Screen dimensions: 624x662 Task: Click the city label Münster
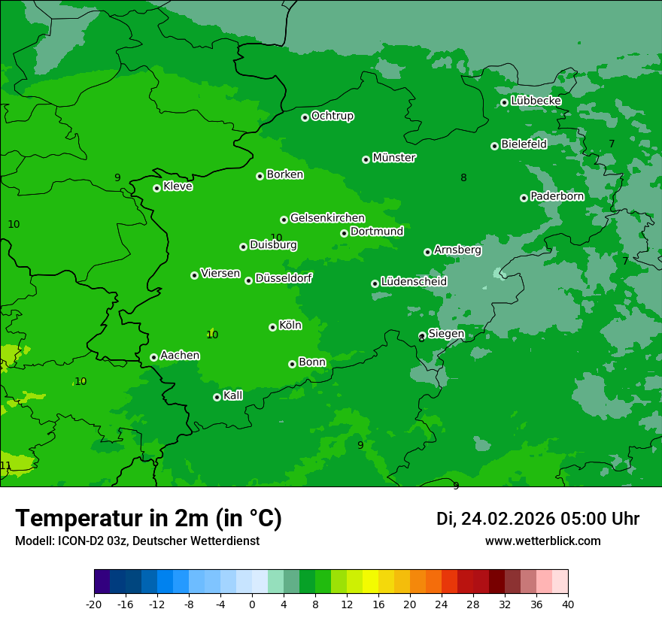(x=393, y=158)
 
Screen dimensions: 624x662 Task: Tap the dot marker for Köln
(x=272, y=327)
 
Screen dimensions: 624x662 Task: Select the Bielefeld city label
(x=524, y=144)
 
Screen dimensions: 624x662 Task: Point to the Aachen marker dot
(x=153, y=357)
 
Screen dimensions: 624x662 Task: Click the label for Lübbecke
(x=536, y=101)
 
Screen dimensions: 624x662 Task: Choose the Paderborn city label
(x=557, y=196)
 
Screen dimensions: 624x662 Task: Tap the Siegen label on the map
(x=446, y=334)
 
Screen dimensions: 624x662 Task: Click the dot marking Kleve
(x=156, y=188)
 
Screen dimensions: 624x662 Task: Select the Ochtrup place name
(x=332, y=116)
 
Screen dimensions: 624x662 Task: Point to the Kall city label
(x=232, y=395)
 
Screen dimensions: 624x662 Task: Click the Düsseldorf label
(x=284, y=278)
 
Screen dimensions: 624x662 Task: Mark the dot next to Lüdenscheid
(x=375, y=283)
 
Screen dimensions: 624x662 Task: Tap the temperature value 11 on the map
(x=6, y=465)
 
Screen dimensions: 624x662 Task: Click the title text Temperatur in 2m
(x=148, y=519)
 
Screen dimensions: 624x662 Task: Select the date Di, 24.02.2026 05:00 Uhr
(x=537, y=519)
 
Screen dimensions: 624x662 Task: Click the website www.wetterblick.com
(x=542, y=541)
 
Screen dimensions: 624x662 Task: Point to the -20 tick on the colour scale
(x=94, y=604)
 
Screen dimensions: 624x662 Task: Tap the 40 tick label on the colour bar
(x=567, y=604)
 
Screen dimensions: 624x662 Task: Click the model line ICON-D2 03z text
(x=137, y=541)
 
